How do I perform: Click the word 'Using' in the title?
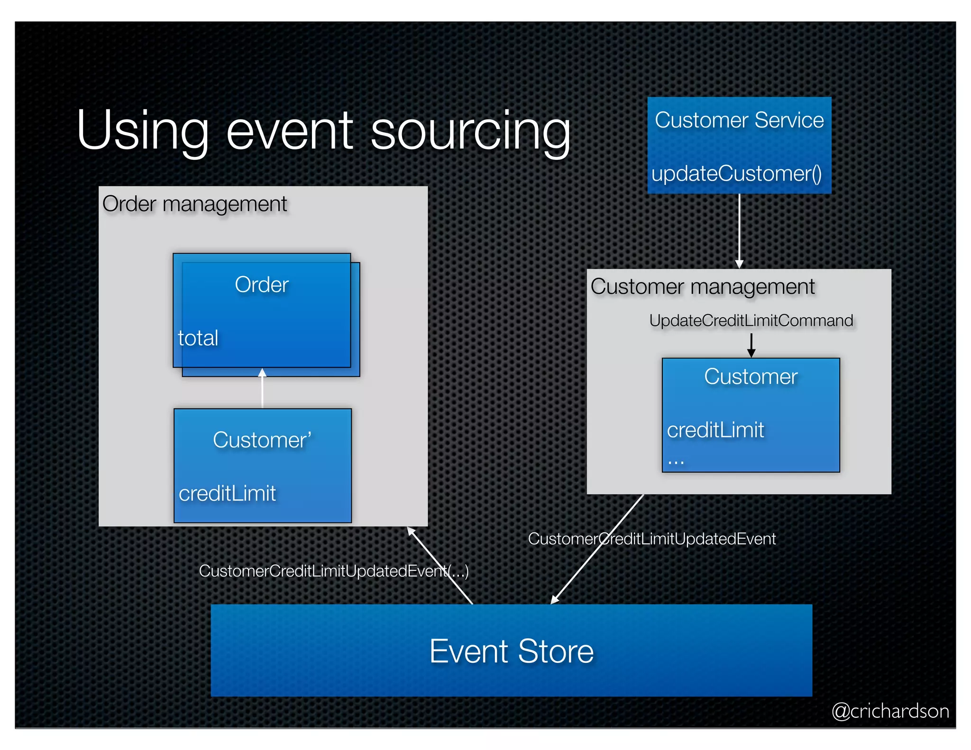point(142,130)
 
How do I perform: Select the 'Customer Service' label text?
point(739,120)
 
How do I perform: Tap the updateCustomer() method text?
point(736,174)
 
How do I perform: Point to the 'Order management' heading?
point(194,204)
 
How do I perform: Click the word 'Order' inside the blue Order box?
point(262,285)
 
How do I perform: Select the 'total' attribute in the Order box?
point(198,338)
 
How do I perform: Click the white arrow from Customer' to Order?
point(262,389)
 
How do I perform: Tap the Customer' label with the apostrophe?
point(262,440)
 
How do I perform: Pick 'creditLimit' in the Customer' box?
point(227,494)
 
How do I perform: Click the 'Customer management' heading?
point(702,287)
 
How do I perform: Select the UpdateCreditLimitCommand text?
point(751,320)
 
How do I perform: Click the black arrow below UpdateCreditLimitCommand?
point(751,345)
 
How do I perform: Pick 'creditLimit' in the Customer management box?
point(715,430)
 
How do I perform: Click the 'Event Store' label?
point(511,651)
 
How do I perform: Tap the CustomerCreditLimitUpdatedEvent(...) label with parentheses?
point(333,571)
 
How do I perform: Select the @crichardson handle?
point(890,711)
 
